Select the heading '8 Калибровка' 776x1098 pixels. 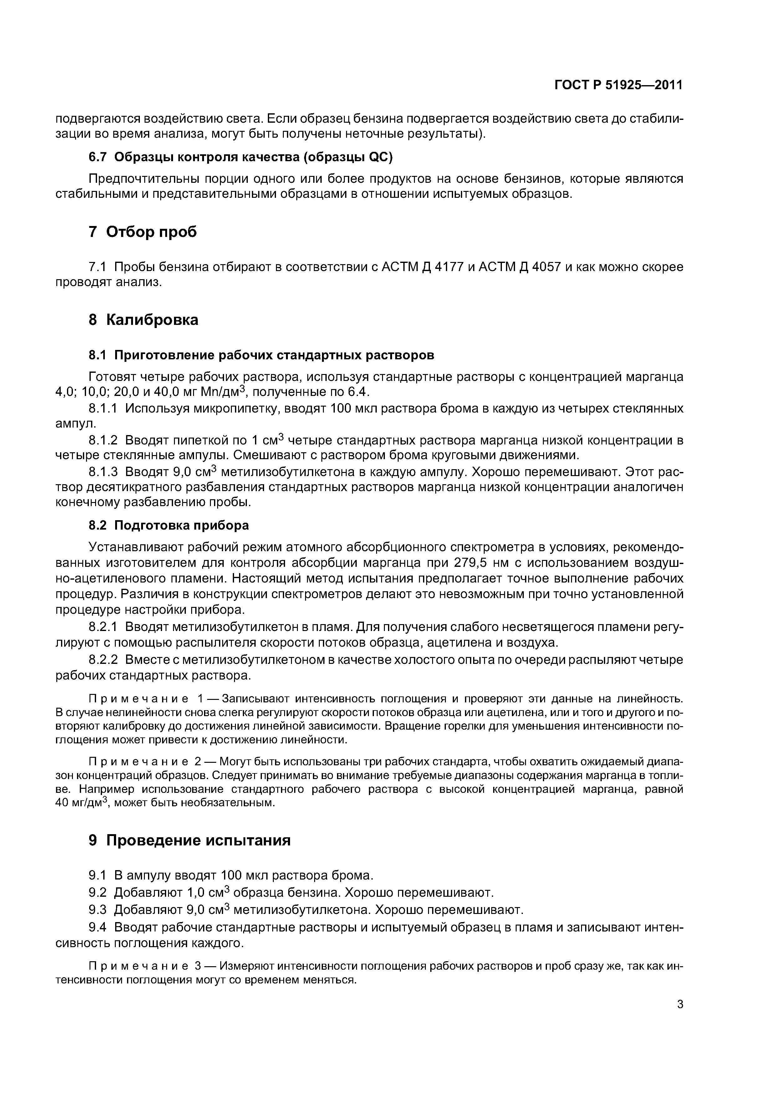[143, 320]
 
